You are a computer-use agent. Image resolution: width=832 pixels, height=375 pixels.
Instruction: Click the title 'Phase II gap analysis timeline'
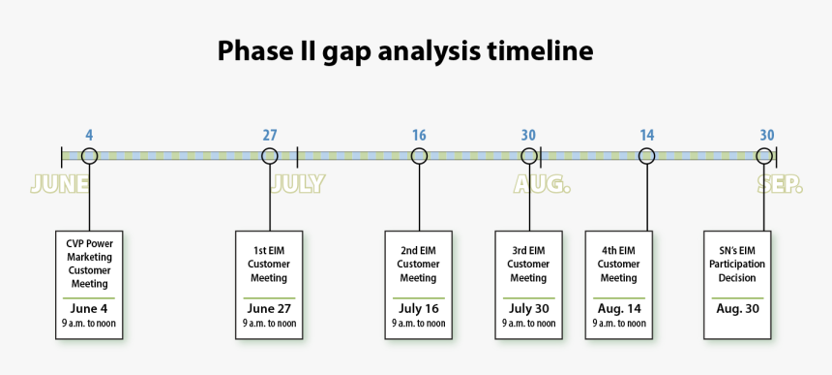point(404,50)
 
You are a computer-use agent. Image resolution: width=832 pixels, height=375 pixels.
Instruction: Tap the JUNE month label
point(60,184)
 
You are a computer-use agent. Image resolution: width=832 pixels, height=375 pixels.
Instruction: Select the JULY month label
point(298,184)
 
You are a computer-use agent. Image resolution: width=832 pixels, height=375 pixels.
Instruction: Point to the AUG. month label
point(542,184)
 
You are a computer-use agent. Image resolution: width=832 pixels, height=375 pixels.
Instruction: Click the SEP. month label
point(780,184)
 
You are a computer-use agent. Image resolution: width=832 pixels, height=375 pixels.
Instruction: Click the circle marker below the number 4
point(89,156)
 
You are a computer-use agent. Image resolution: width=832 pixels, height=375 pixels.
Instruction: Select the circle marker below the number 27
point(270,156)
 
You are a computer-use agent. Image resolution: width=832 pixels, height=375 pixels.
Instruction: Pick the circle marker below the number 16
point(419,156)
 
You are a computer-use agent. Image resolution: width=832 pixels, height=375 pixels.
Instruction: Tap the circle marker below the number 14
point(647,156)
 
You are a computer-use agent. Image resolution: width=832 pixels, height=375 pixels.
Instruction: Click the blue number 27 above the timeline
point(270,136)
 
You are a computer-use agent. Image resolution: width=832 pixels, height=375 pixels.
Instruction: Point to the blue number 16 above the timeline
point(419,136)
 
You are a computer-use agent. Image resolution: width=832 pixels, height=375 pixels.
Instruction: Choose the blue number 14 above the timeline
point(647,136)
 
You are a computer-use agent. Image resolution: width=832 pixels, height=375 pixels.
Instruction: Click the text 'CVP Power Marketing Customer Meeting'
point(89,264)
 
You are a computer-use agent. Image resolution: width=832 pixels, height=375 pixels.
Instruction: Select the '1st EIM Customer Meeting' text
point(269,264)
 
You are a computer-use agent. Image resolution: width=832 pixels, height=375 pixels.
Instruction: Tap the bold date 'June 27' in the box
point(269,309)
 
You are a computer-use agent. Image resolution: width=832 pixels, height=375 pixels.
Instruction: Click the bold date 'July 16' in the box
point(418,309)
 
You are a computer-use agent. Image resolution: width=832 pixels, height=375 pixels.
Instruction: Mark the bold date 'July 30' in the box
point(528,309)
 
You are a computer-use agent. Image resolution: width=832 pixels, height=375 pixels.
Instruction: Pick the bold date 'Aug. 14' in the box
point(619,309)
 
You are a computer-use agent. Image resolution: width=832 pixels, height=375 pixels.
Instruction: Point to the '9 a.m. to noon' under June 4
point(89,324)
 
